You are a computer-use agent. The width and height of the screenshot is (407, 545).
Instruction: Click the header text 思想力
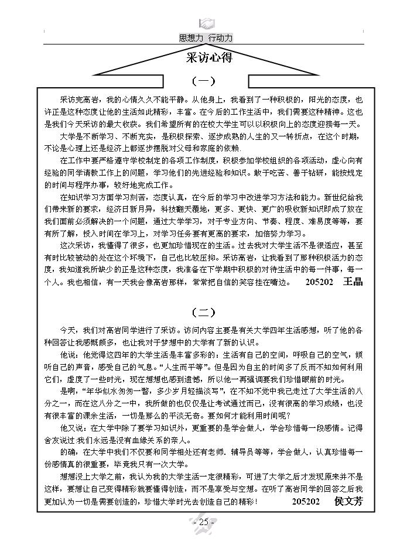(x=191, y=37)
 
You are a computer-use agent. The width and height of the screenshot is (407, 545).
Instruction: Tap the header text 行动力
(x=221, y=37)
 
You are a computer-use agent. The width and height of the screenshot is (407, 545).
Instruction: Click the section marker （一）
(x=203, y=81)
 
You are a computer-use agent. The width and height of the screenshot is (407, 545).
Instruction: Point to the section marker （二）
(x=203, y=312)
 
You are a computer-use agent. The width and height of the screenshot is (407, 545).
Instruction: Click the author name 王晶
(x=353, y=282)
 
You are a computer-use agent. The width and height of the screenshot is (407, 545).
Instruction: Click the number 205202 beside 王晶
(x=320, y=282)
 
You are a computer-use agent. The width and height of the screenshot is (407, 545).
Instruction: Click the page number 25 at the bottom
(x=204, y=522)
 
